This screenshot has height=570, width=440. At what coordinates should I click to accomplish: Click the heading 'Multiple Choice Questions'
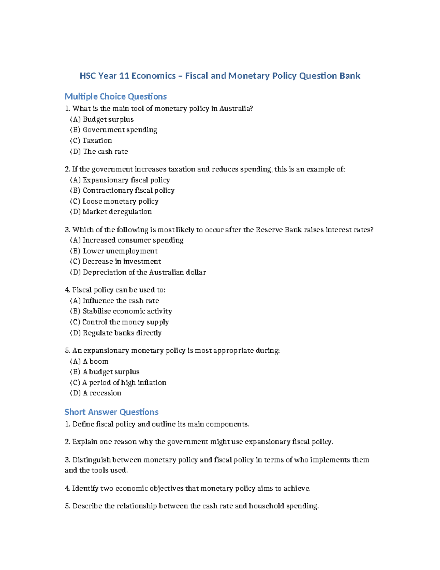click(115, 97)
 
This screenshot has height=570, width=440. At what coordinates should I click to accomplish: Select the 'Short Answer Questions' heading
click(111, 412)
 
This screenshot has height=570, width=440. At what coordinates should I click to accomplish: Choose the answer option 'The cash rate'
click(105, 152)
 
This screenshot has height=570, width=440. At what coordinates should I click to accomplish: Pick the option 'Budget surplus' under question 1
click(108, 119)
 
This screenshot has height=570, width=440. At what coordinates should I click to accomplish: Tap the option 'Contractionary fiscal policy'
click(128, 190)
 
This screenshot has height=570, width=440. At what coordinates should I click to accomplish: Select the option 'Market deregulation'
click(117, 212)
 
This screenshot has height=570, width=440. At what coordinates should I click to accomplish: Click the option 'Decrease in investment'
click(122, 261)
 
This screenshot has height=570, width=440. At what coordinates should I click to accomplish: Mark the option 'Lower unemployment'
click(120, 251)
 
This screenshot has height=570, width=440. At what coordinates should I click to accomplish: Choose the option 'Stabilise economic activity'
click(127, 311)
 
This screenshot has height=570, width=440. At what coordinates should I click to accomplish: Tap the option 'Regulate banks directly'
click(122, 333)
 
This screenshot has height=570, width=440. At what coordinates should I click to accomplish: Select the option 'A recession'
click(102, 393)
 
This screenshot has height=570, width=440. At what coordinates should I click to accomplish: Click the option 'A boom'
click(95, 361)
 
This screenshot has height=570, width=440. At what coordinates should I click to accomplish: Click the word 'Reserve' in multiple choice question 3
click(269, 230)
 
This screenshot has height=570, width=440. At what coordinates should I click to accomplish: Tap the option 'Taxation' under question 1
click(97, 141)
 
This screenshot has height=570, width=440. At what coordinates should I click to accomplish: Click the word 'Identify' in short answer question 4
click(85, 489)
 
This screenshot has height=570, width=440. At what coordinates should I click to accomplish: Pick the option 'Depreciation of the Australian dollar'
click(144, 272)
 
